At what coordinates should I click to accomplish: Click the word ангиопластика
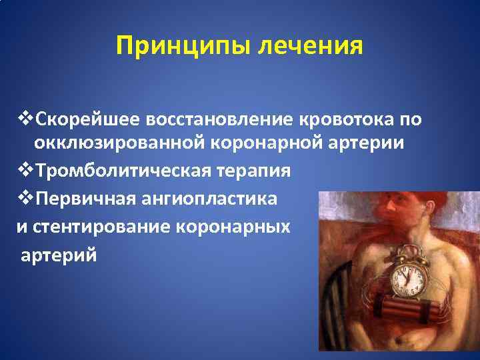(211, 199)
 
